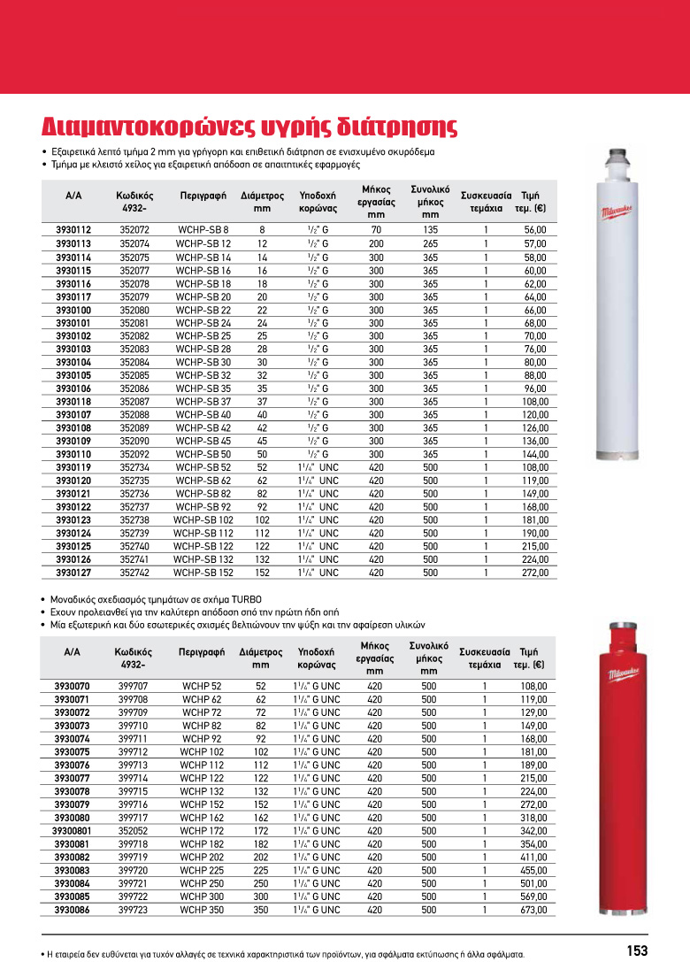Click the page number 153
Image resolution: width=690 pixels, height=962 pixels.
[x=637, y=950]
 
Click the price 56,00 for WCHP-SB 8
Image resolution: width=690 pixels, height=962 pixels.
[x=535, y=230]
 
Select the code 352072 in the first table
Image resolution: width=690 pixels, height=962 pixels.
[x=134, y=230]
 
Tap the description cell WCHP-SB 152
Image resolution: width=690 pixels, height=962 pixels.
[x=203, y=573]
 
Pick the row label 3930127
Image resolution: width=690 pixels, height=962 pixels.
[x=73, y=573]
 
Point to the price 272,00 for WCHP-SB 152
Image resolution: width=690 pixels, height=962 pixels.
[x=533, y=573]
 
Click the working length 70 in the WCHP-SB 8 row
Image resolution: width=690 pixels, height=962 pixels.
[x=376, y=230]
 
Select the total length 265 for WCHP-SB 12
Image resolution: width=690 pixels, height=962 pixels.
[x=430, y=243]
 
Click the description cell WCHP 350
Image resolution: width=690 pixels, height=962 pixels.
[x=201, y=910]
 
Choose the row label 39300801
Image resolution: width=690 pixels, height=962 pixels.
[x=71, y=831]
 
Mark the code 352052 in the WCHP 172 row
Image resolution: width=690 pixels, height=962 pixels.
[x=133, y=831]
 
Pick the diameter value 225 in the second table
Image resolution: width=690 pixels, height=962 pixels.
[x=260, y=870]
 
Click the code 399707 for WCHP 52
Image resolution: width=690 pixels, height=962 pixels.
[x=133, y=686]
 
